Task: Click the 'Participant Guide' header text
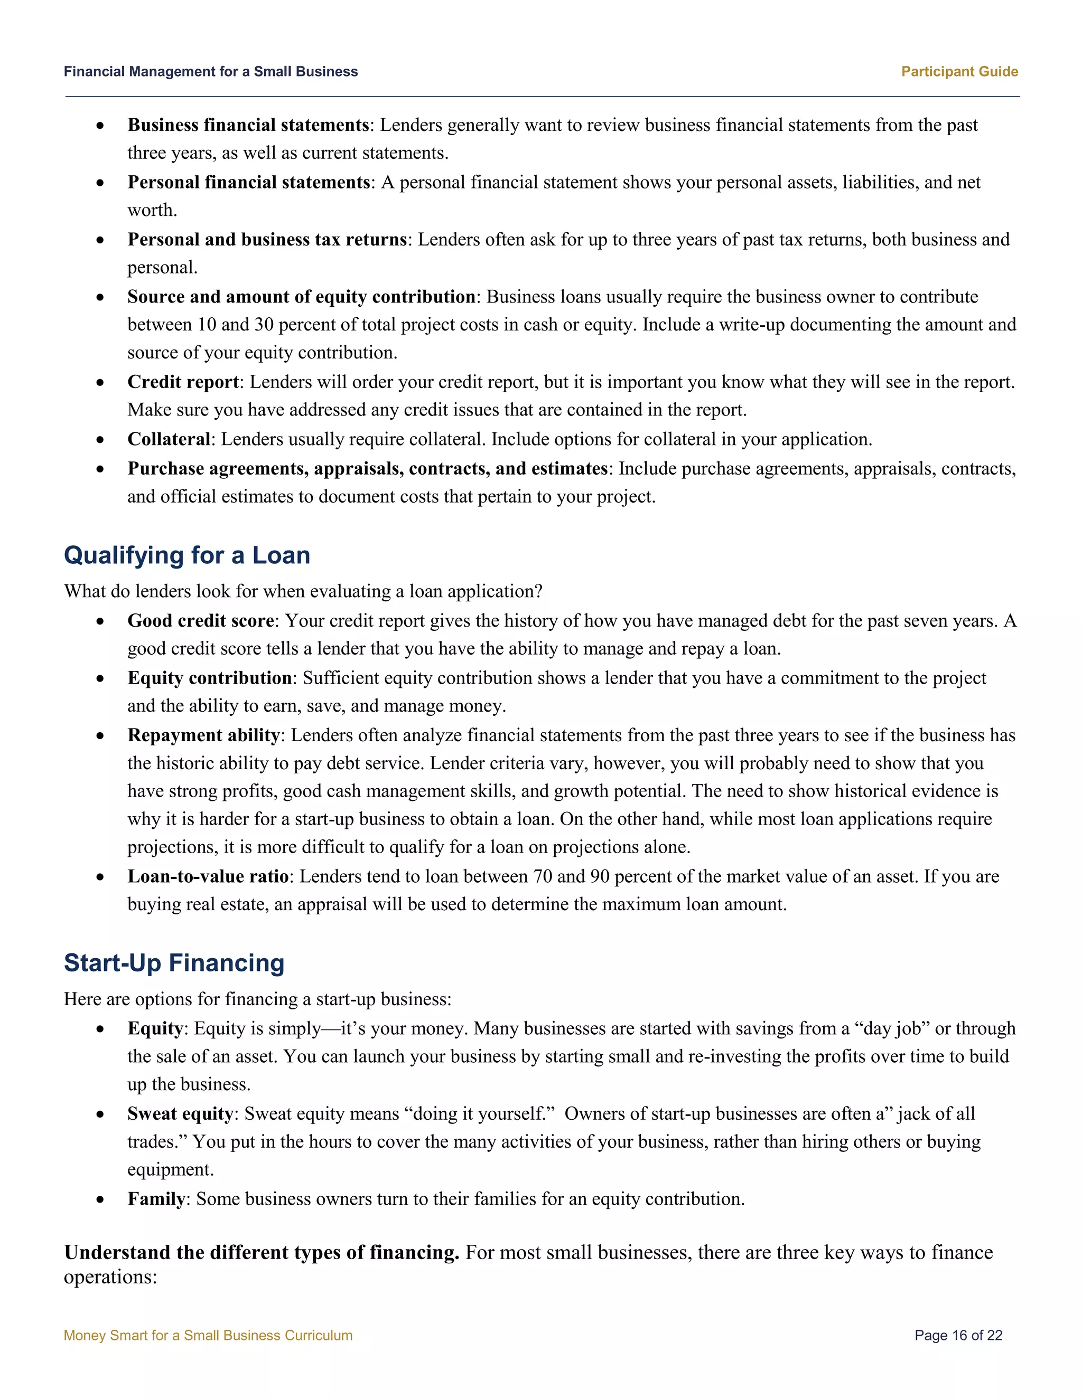tap(959, 72)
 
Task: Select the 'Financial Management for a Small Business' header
tap(211, 72)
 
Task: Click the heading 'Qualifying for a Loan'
tap(186, 555)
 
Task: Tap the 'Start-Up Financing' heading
tap(174, 963)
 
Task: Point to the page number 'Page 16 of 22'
tap(958, 1336)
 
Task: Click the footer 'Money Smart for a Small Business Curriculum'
tap(208, 1336)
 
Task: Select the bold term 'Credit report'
tap(183, 382)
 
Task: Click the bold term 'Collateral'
tap(169, 439)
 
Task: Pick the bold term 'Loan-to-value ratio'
tap(208, 876)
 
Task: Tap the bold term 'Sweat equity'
tap(180, 1113)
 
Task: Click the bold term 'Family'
tap(156, 1198)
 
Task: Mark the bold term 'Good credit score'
tap(201, 621)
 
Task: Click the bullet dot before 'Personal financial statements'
tap(100, 183)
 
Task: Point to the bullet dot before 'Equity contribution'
tap(100, 678)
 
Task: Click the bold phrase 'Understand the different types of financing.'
tap(262, 1252)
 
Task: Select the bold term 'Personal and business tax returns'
tap(267, 240)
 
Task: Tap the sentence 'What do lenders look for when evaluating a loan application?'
tap(303, 591)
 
